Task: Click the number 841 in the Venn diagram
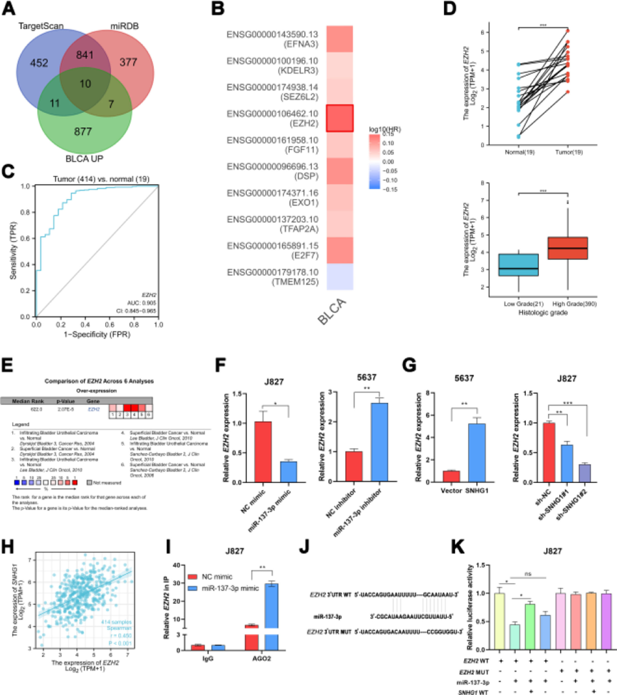[85, 55]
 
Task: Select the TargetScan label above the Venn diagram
[41, 26]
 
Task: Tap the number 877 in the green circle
[83, 131]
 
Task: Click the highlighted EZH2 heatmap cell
[339, 118]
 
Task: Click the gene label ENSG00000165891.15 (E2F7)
[273, 250]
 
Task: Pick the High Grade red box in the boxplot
[568, 248]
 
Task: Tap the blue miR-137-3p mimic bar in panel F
[289, 472]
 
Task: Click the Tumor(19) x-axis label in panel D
[569, 152]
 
